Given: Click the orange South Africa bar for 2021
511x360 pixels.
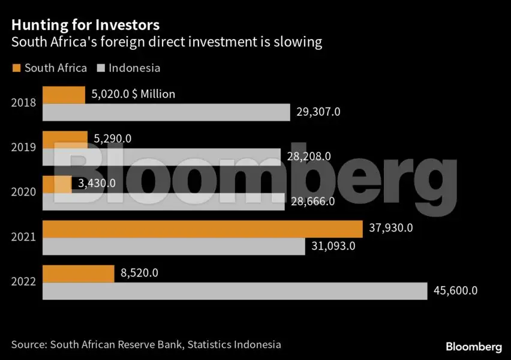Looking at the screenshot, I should pyautogui.click(x=202, y=229).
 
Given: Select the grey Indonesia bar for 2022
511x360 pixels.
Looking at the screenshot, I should pyautogui.click(x=235, y=291).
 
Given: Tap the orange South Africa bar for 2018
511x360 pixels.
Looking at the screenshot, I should pyautogui.click(x=64, y=95).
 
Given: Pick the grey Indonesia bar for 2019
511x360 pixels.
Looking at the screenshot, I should pyautogui.click(x=161, y=157).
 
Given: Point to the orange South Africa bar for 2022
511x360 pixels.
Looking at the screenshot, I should pyautogui.click(x=78, y=274).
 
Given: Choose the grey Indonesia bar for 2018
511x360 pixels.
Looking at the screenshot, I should pyautogui.click(x=166, y=112).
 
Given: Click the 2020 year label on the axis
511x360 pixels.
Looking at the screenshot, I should pyautogui.click(x=24, y=192).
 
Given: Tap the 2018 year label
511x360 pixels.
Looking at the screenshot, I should pyautogui.click(x=24, y=103).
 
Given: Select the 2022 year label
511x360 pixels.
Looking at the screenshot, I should pyautogui.click(x=24, y=282).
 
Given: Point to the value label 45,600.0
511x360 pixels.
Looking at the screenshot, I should pyautogui.click(x=455, y=291).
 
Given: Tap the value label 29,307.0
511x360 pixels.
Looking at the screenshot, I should pyautogui.click(x=318, y=112).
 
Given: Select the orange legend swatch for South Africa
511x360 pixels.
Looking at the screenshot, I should pyautogui.click(x=16, y=68).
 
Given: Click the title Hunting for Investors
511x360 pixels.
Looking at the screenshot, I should pyautogui.click(x=86, y=25).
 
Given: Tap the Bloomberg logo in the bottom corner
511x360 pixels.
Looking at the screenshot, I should pyautogui.click(x=473, y=347).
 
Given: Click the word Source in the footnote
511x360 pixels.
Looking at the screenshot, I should pyautogui.click(x=28, y=344).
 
